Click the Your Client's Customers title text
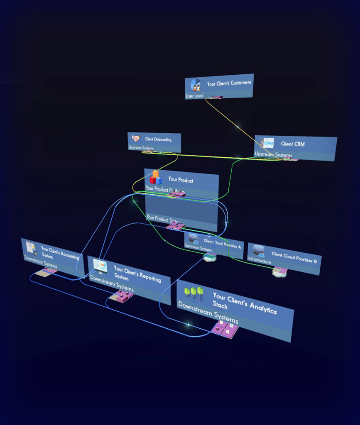229,83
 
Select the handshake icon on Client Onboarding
136,139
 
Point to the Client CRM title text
293,144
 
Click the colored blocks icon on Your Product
156,177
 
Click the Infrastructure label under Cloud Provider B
259,262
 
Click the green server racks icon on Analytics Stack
193,293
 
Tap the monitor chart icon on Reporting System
100,266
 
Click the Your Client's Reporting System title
137,274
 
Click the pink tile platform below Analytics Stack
225,330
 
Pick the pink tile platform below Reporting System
122,296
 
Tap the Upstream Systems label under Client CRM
273,154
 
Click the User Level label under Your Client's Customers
194,96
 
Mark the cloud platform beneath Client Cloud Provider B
279,272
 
